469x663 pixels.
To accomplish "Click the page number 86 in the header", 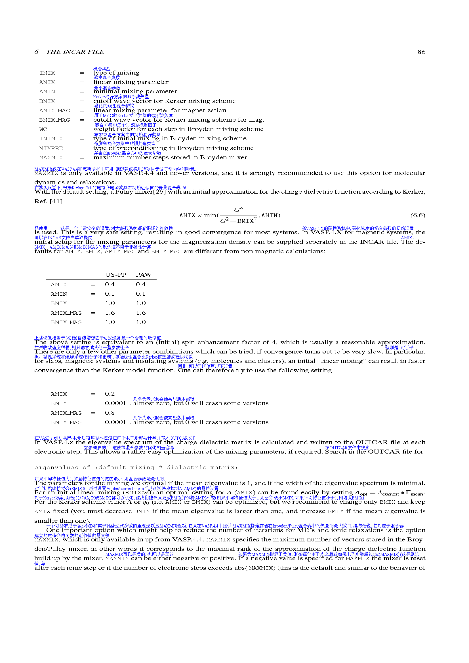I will click(421, 52).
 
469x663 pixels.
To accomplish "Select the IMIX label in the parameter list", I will click(47, 73).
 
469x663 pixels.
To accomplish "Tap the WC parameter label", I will click(43, 129).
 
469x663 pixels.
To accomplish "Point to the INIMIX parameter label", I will click(51, 139).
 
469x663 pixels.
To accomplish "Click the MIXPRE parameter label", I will click(51, 149).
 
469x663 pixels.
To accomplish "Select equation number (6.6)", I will click(418, 215).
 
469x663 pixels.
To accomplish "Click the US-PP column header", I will click(115, 275).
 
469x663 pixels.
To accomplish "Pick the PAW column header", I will click(144, 275).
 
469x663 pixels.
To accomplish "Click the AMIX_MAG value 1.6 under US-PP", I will click(110, 313).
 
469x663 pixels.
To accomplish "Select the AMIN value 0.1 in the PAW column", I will click(141, 294).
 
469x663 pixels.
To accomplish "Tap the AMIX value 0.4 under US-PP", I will click(110, 284).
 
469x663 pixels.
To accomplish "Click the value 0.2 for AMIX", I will click(110, 394).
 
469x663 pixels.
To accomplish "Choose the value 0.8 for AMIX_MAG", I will click(110, 413).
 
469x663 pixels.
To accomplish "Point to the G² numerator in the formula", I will click(238, 209).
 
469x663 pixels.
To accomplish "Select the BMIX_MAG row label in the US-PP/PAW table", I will click(66, 323).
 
